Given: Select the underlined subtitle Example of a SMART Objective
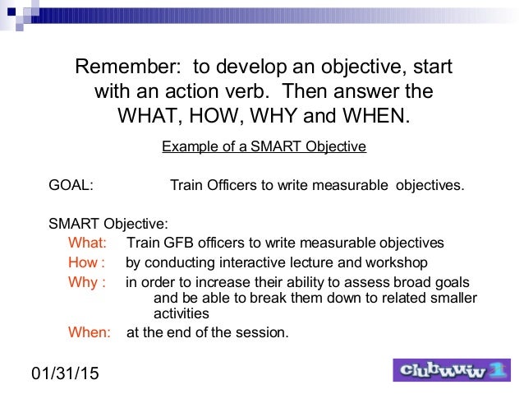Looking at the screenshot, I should pos(264,147).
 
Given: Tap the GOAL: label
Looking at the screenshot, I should pos(71,185).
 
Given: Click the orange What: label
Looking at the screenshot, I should pos(87,243).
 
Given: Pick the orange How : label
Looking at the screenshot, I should pos(86,263).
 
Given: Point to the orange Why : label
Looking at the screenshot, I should pos(86,283).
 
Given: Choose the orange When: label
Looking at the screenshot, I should pos(89,332).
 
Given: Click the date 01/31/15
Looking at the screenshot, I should pos(65,374).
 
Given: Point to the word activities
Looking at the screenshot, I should pos(182,313).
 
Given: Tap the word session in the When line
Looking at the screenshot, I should pos(263,332).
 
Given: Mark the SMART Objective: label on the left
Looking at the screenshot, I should pos(108,222).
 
